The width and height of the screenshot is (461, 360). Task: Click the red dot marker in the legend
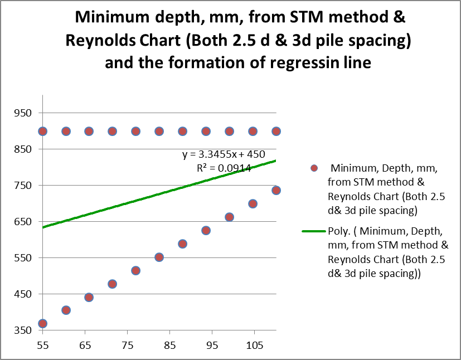pos(314,168)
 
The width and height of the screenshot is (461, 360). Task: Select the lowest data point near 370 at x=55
pos(42,323)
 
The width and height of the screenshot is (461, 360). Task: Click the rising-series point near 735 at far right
pos(275,191)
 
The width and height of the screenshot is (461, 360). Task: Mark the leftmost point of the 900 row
pos(42,132)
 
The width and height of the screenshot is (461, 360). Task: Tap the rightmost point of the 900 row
pos(275,132)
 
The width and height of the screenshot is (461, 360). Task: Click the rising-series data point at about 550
pos(159,257)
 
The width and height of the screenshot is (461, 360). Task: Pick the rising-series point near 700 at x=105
pos(253,203)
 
